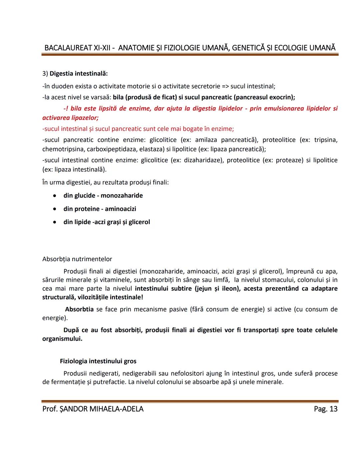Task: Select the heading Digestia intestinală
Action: click(x=79, y=73)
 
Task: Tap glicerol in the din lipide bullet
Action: click(x=139, y=222)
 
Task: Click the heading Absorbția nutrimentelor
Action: click(x=77, y=259)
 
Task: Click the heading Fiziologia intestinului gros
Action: click(x=98, y=361)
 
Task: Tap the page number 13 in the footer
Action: click(x=333, y=409)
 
